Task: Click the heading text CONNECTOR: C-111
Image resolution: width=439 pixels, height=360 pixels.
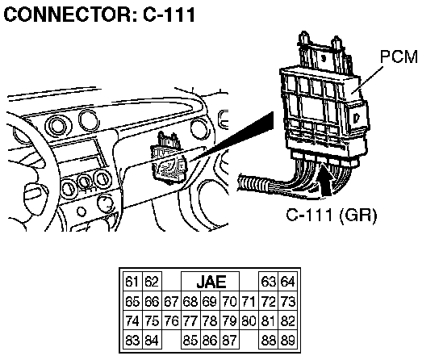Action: (99, 15)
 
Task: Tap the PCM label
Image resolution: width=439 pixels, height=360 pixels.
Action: (399, 57)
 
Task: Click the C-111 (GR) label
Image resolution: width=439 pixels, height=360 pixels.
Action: (332, 215)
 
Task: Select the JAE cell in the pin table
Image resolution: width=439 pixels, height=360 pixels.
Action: (211, 282)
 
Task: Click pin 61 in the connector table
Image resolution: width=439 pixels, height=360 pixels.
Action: (133, 282)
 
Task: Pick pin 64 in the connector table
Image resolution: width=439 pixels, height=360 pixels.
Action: (288, 282)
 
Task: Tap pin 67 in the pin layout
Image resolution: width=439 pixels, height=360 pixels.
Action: (171, 302)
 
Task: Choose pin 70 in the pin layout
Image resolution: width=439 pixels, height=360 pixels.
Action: (230, 302)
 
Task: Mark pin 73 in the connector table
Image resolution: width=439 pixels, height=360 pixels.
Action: (288, 302)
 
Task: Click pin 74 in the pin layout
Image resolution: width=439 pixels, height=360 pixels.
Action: (133, 320)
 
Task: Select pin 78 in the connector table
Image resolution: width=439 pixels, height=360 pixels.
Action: (211, 320)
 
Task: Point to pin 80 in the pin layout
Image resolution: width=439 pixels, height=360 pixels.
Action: (249, 320)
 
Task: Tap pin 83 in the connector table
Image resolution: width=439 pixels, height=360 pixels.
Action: (133, 340)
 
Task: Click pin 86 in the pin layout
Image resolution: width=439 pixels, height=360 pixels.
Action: (211, 340)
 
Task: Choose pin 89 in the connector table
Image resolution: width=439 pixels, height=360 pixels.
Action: (288, 340)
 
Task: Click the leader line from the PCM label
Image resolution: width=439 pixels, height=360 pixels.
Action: (367, 81)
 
